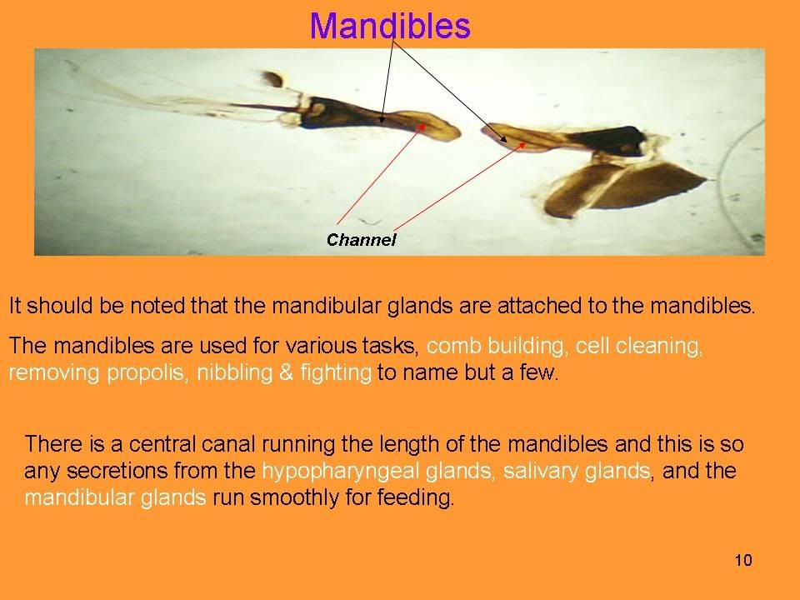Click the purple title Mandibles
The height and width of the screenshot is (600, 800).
pyautogui.click(x=390, y=26)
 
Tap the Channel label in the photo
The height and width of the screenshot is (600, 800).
pyautogui.click(x=361, y=239)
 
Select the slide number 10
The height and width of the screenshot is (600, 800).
pyautogui.click(x=743, y=560)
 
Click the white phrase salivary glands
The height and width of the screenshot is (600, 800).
pyautogui.click(x=577, y=471)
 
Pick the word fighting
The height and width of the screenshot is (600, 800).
pyautogui.click(x=336, y=373)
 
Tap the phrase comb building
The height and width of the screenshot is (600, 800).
pyautogui.click(x=495, y=346)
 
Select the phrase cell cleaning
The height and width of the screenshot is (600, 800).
pyautogui.click(x=639, y=346)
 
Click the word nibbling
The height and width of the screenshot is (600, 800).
pyautogui.click(x=235, y=372)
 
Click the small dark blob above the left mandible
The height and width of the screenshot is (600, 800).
pyautogui.click(x=273, y=79)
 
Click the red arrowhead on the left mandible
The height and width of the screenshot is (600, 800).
pyautogui.click(x=422, y=126)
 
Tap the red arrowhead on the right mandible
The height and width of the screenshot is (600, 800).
pyautogui.click(x=522, y=145)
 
